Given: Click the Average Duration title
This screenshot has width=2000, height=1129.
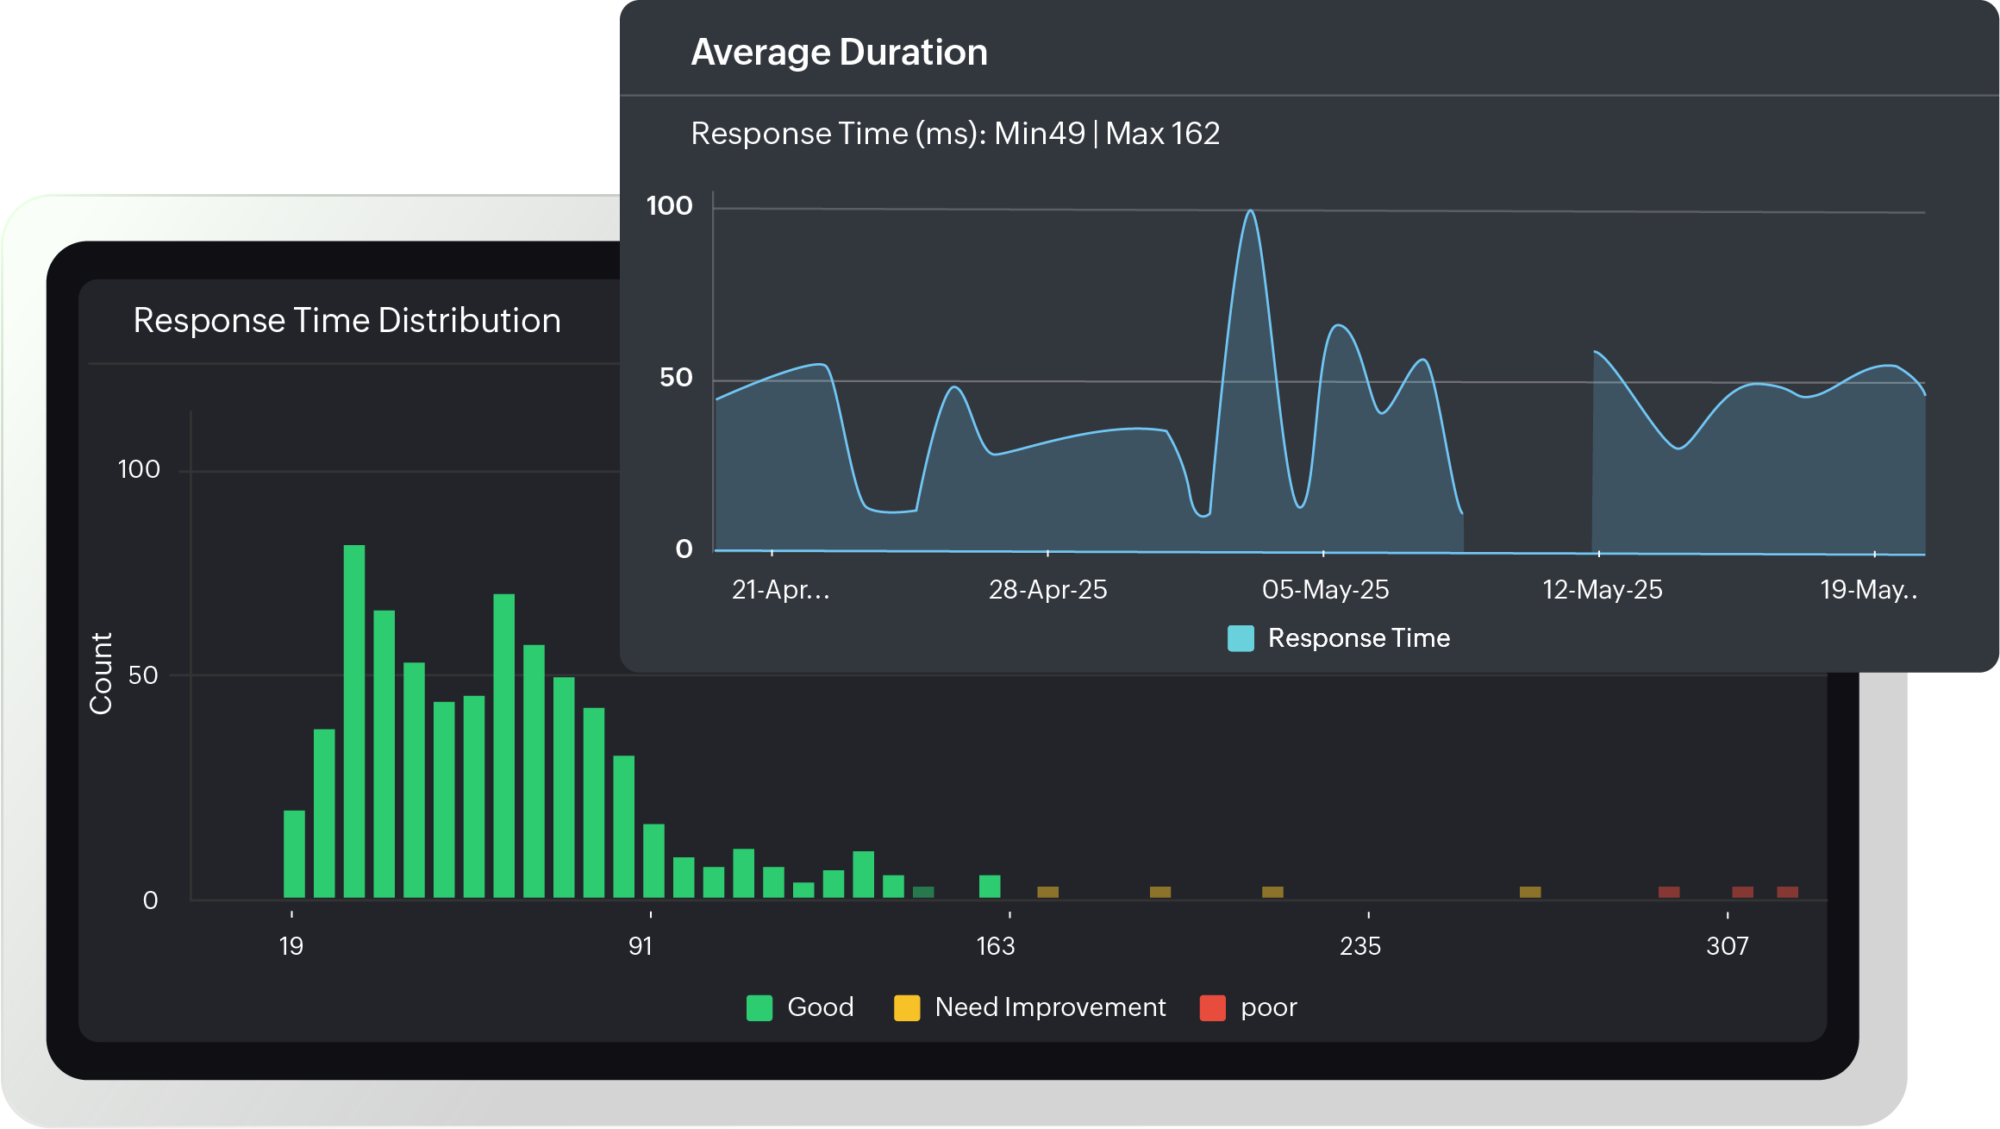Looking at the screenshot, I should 839,53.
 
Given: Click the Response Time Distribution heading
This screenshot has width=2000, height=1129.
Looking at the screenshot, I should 347,321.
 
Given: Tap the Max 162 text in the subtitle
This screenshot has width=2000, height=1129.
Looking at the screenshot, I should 1162,134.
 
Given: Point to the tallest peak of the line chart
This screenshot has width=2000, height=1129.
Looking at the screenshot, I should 1250,212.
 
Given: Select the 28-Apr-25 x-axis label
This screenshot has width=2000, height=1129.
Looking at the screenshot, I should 1047,590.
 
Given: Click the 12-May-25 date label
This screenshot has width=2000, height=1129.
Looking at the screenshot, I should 1602,590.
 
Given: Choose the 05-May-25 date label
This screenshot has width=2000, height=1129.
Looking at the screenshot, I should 1325,590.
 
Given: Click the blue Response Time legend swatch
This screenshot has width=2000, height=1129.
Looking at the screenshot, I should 1241,638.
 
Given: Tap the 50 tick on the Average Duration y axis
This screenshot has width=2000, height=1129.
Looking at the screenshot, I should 676,378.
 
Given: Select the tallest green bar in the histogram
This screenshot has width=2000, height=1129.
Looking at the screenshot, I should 353,721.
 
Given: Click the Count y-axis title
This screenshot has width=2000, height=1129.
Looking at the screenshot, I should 102,674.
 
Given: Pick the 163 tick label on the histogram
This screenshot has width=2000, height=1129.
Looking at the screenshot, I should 995,946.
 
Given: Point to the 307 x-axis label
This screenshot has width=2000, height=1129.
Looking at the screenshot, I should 1727,946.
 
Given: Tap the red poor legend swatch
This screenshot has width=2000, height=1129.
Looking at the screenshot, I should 1212,1007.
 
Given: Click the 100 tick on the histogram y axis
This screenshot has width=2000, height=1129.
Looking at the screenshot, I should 139,470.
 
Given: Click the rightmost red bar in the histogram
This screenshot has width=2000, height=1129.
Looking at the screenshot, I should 1787,892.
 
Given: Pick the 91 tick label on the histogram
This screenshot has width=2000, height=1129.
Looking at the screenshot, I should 641,946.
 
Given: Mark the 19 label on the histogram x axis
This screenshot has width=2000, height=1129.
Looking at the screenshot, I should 291,946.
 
